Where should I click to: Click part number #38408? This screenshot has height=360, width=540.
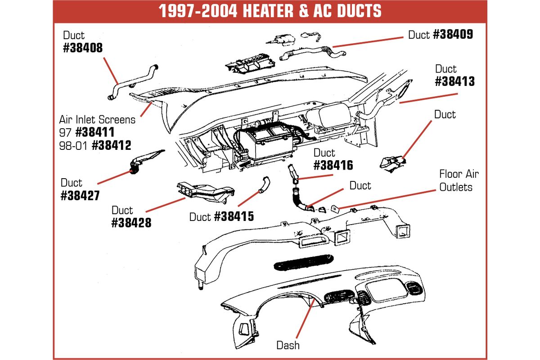point(83,48)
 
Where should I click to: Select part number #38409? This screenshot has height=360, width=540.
point(453,34)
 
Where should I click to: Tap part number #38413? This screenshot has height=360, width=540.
point(454,81)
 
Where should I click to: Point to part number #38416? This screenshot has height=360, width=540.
point(333,165)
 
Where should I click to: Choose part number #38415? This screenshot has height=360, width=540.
point(234,216)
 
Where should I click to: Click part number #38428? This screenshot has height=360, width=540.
point(131,223)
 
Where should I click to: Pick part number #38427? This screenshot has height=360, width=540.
point(80,195)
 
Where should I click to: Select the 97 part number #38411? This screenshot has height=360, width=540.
point(95,132)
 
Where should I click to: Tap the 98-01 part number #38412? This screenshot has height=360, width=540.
point(112,145)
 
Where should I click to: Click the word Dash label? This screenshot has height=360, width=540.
point(288,345)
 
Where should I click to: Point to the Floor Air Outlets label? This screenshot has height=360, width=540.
point(459,180)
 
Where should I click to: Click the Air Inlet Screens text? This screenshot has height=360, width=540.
point(97,120)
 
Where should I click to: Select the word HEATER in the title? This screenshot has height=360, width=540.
point(268,11)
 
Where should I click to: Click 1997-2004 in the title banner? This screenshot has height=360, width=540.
point(198,11)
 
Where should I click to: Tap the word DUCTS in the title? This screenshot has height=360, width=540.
point(359,11)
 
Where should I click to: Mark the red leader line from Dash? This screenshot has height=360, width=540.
point(306,319)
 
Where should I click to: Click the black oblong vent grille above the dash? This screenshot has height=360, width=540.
point(304,262)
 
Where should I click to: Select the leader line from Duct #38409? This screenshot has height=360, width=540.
point(368,42)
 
